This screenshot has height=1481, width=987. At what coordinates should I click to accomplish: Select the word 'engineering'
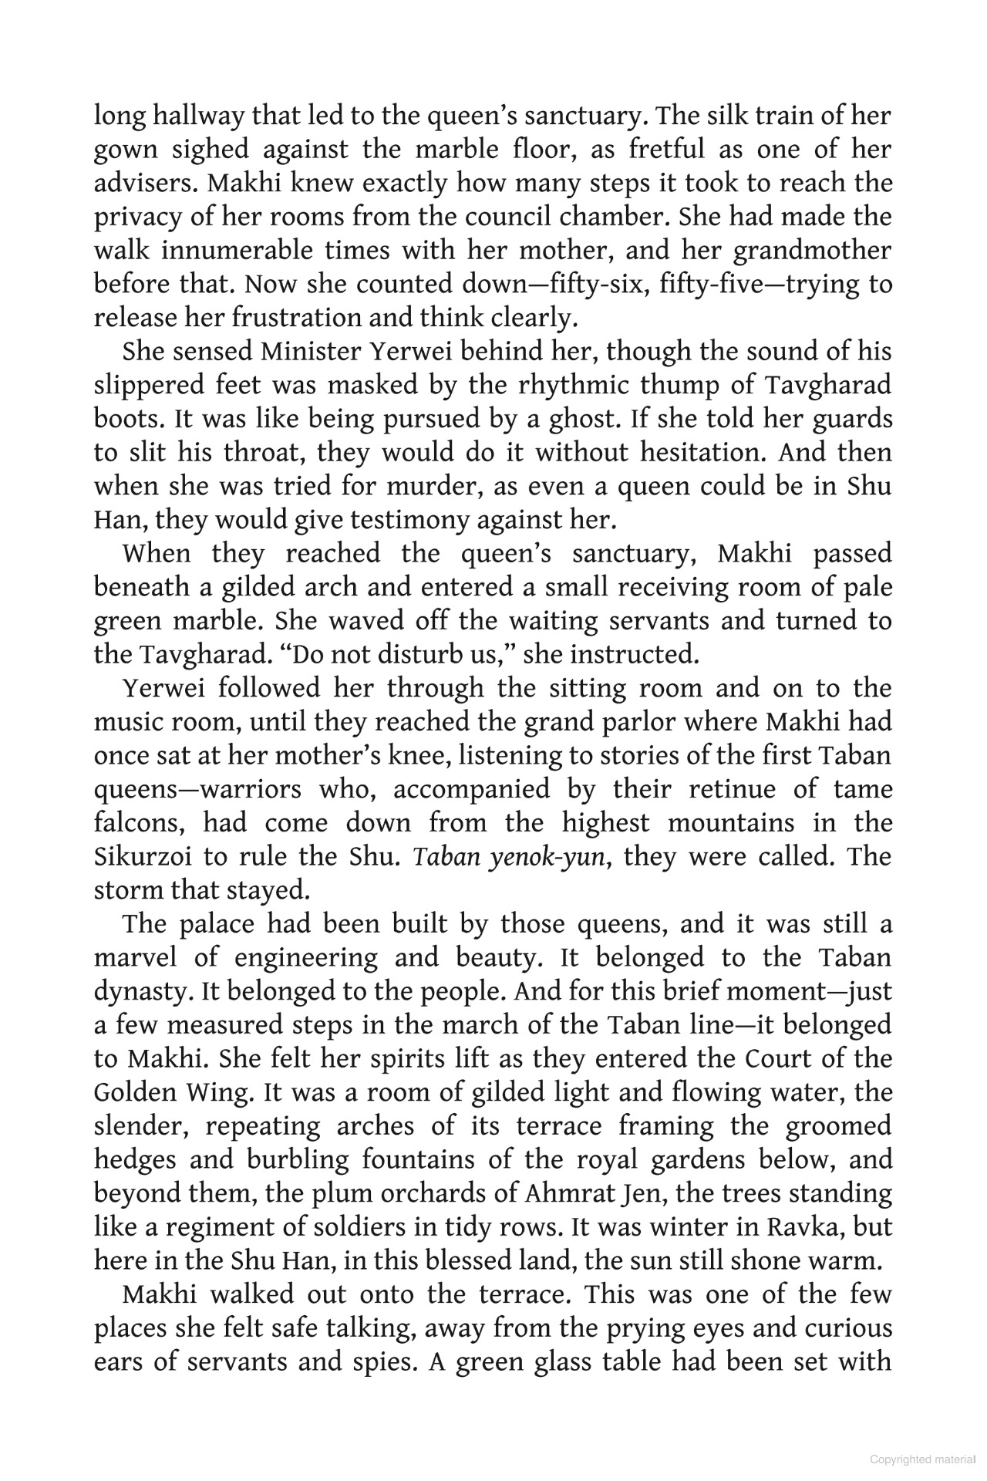click(306, 958)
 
